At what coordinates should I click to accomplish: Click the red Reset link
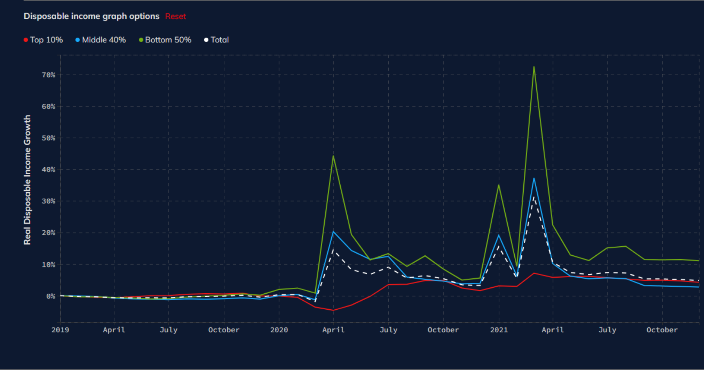click(175, 16)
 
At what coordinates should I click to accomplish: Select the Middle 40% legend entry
click(101, 40)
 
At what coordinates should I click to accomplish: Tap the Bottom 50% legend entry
click(165, 40)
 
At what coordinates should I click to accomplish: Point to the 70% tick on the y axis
click(48, 75)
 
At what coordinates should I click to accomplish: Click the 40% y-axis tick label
click(48, 170)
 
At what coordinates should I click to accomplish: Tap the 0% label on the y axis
click(50, 296)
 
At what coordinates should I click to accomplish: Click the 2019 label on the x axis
click(60, 330)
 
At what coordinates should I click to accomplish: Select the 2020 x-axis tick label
click(279, 330)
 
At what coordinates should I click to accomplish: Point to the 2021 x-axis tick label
click(499, 330)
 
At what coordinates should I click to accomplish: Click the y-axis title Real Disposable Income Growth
click(27, 180)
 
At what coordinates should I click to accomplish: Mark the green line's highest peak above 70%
click(534, 67)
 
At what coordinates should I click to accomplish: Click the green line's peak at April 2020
click(333, 156)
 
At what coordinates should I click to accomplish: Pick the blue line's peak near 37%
click(534, 179)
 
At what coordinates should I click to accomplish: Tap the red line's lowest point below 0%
click(333, 310)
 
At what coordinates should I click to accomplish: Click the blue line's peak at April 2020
click(333, 232)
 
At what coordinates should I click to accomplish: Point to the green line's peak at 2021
click(499, 185)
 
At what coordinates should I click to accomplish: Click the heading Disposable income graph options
click(92, 16)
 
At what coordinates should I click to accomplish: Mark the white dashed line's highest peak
click(534, 197)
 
